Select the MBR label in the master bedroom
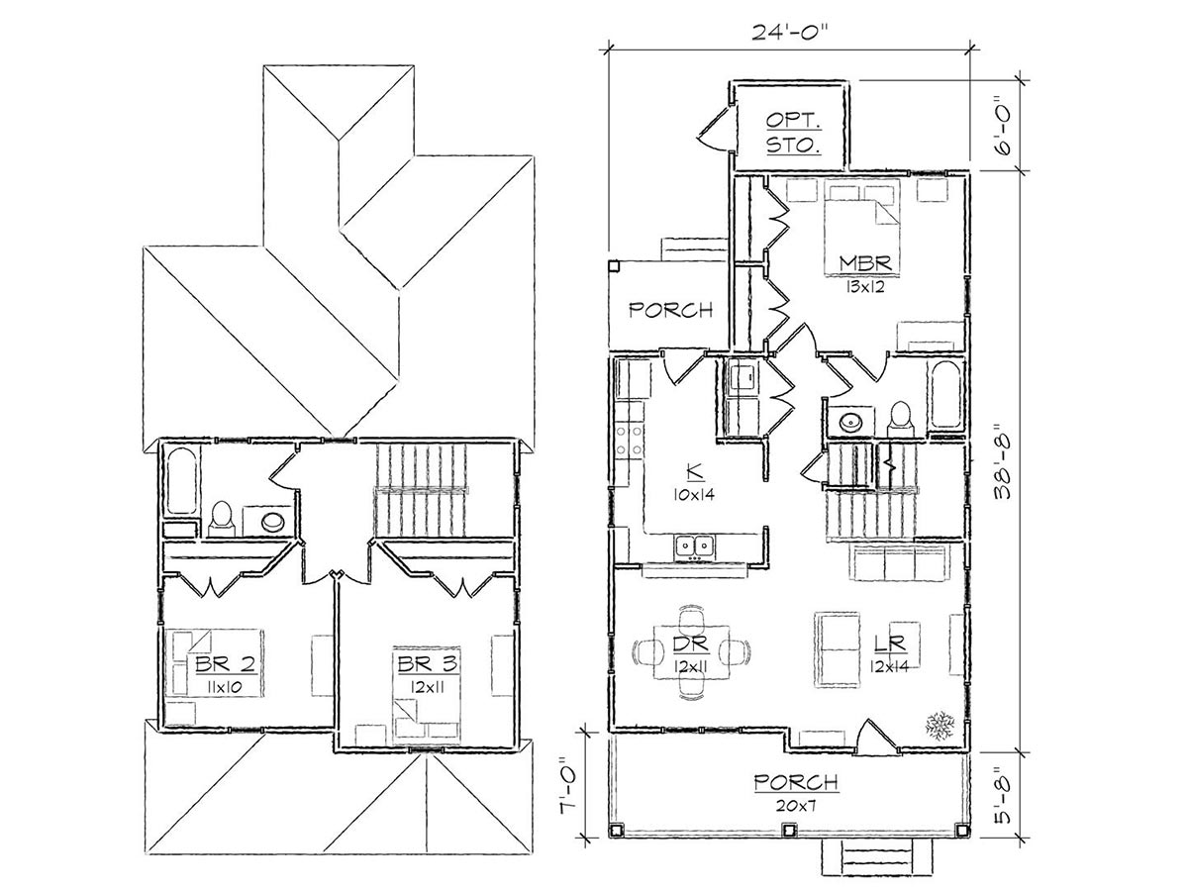[864, 263]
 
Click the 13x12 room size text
[864, 287]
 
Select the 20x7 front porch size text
[796, 806]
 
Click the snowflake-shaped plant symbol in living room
[940, 725]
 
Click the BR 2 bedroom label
[225, 664]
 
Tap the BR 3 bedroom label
[428, 663]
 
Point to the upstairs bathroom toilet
[221, 519]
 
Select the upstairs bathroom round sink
[272, 522]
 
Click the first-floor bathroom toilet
[901, 418]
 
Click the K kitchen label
[694, 472]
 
